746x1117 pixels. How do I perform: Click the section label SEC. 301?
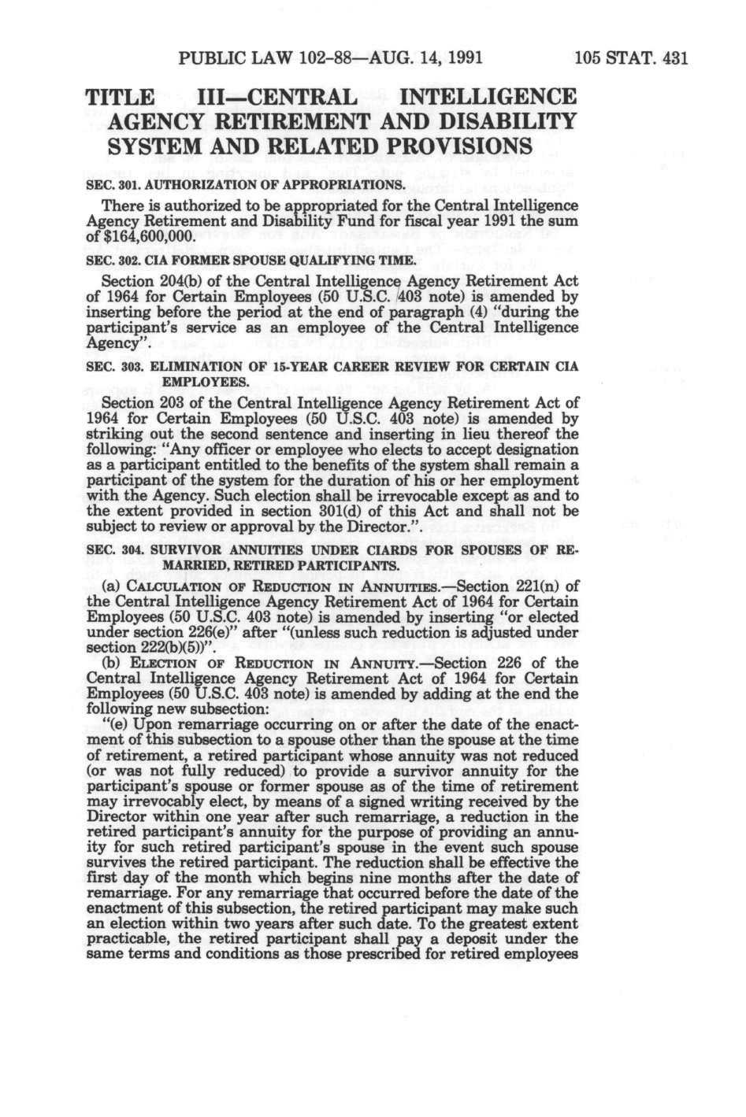[112, 186]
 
